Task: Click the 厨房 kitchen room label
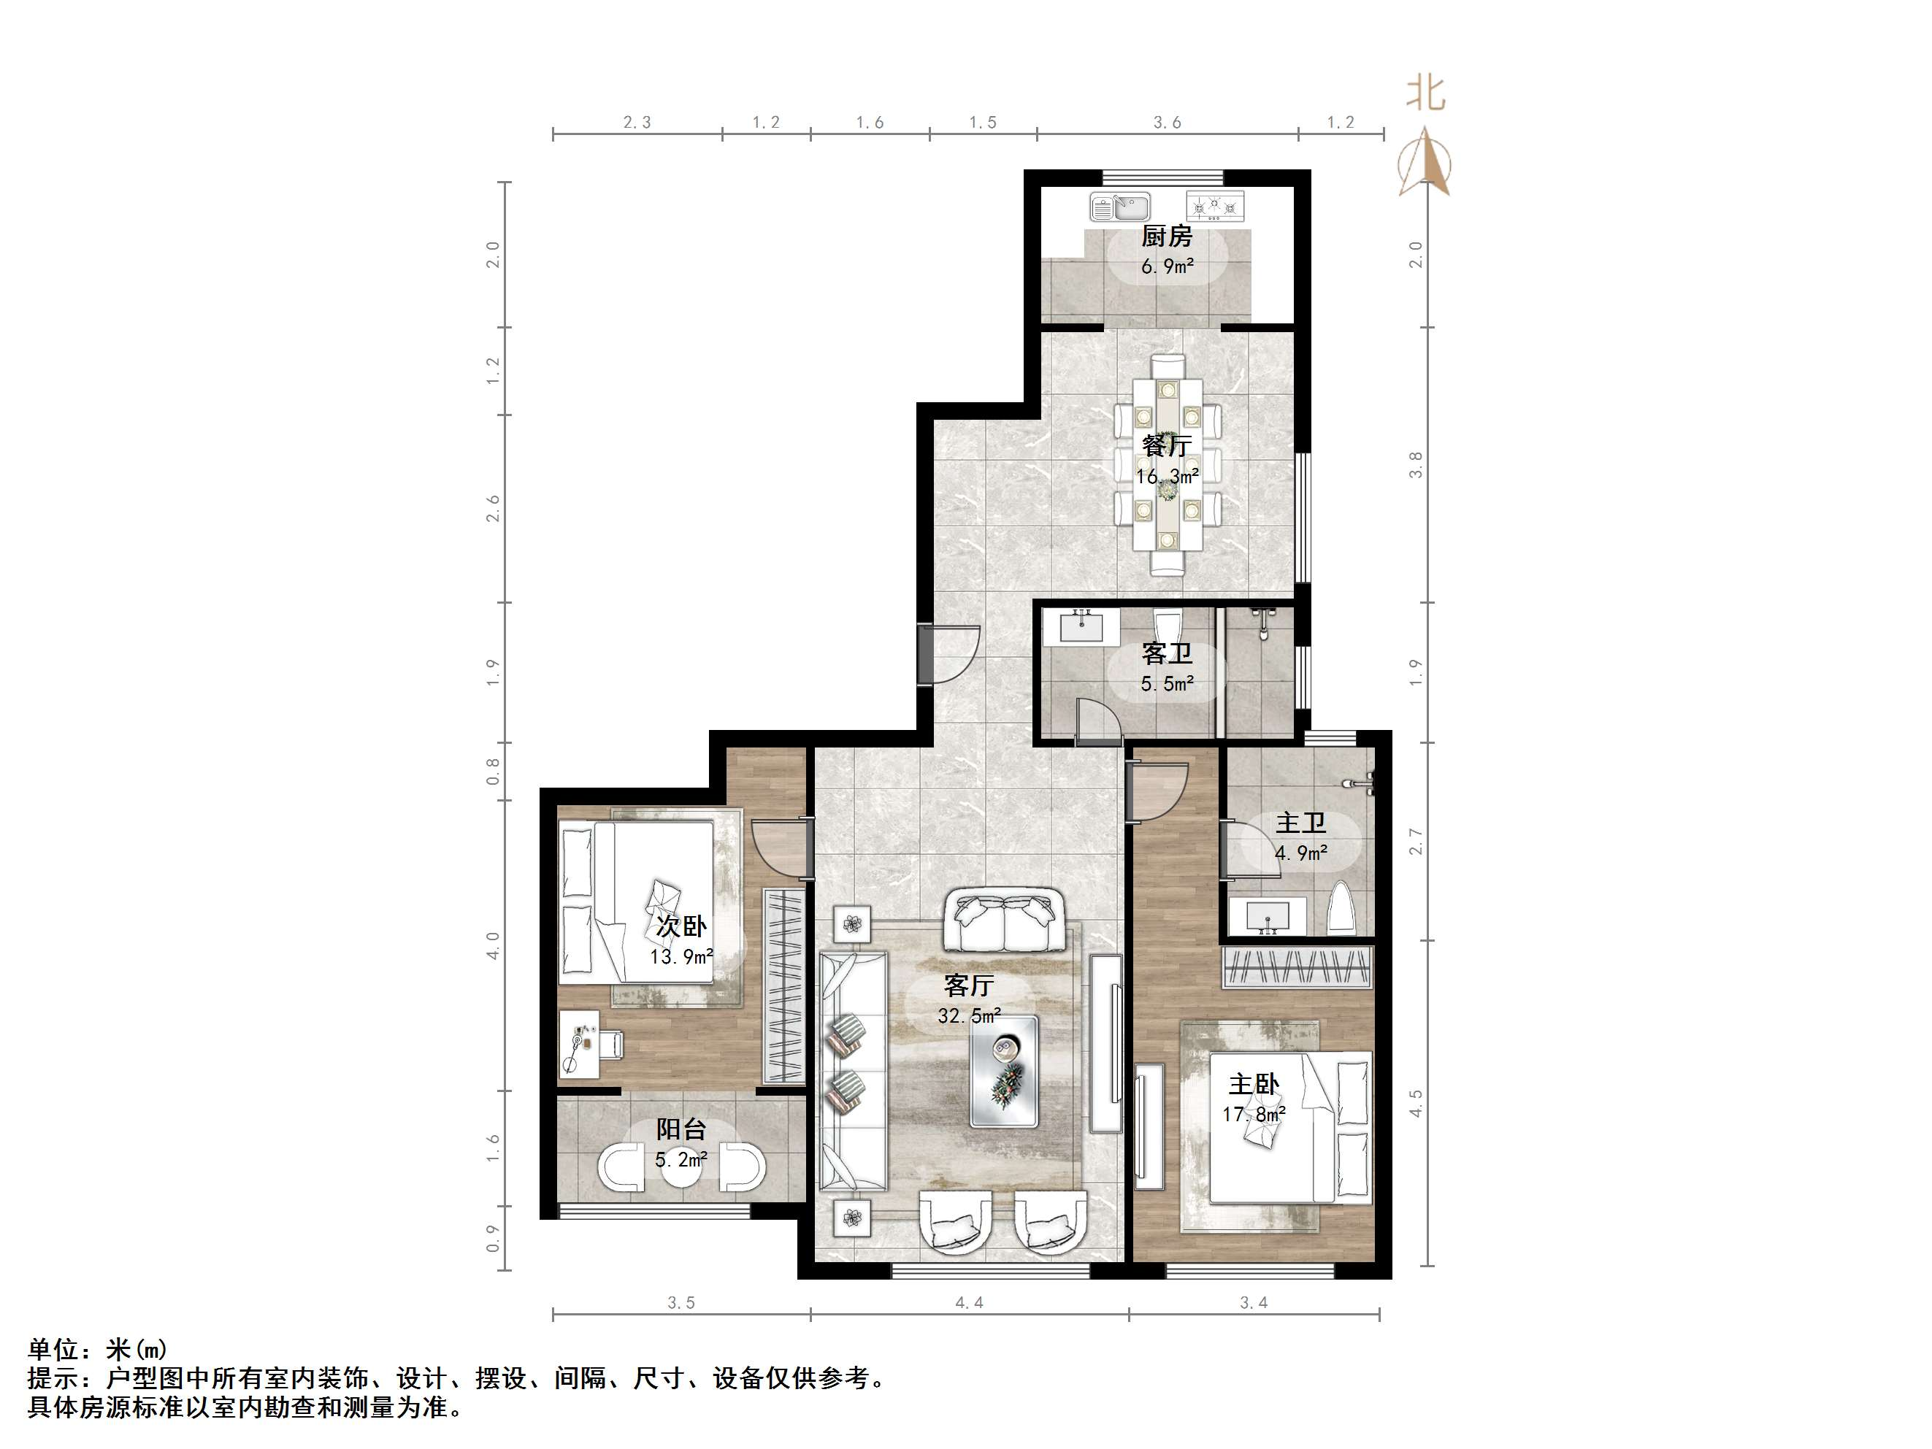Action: (1167, 236)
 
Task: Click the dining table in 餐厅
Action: (1167, 464)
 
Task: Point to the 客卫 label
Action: (1167, 653)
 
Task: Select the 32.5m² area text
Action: (970, 1016)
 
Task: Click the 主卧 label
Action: (1254, 1084)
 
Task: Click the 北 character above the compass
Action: (1425, 93)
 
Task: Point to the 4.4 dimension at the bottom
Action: (969, 1302)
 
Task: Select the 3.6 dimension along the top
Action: (1167, 123)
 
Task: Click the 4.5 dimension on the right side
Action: (1416, 1102)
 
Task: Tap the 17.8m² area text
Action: (1254, 1115)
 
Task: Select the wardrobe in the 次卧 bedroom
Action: (784, 987)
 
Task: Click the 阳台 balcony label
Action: (681, 1129)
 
